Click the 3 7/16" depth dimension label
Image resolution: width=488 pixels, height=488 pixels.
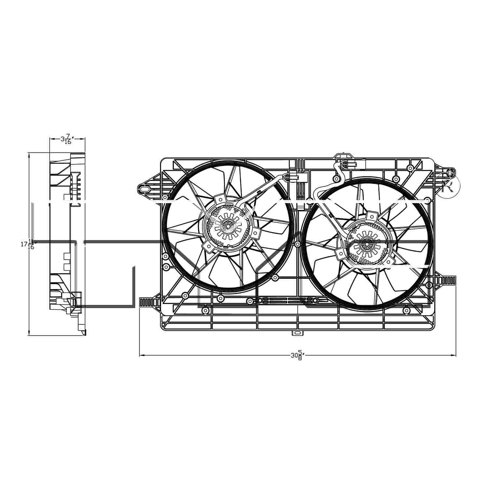point(66,140)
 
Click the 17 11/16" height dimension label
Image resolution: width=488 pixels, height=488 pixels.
point(28,244)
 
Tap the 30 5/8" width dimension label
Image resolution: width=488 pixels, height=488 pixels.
point(297,355)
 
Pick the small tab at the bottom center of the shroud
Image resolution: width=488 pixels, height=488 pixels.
point(297,333)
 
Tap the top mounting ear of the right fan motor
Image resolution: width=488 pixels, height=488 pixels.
point(371,216)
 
